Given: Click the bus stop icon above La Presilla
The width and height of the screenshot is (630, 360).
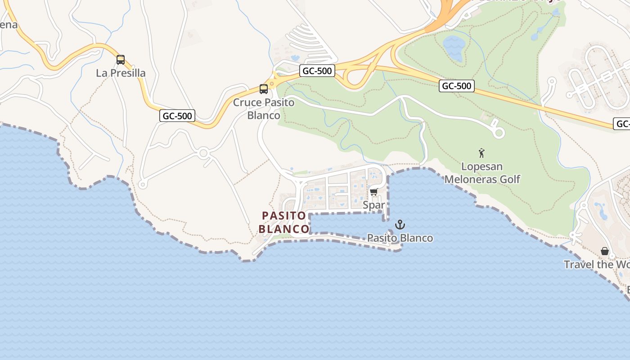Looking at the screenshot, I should pyautogui.click(x=121, y=60).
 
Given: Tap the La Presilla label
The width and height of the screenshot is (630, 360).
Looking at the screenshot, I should pyautogui.click(x=121, y=73).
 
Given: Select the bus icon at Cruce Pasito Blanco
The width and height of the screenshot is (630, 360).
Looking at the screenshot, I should pyautogui.click(x=264, y=89).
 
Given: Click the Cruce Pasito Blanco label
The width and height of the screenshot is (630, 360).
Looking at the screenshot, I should pyautogui.click(x=264, y=109).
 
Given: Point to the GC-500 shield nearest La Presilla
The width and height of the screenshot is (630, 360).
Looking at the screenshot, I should pyautogui.click(x=177, y=116).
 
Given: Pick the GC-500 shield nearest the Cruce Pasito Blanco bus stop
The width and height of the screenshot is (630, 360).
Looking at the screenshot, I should pyautogui.click(x=317, y=71).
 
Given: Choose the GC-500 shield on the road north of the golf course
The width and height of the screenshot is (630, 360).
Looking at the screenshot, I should pyautogui.click(x=457, y=86).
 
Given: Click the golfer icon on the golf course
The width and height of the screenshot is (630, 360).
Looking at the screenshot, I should pyautogui.click(x=481, y=153).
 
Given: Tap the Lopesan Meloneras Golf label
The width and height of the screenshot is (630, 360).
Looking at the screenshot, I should pyautogui.click(x=482, y=173).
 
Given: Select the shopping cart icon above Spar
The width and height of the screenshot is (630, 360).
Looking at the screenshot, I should pyautogui.click(x=373, y=192).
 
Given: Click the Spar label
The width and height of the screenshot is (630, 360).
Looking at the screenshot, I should pyautogui.click(x=374, y=205).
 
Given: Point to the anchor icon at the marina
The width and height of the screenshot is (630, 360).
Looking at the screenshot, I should pyautogui.click(x=400, y=224).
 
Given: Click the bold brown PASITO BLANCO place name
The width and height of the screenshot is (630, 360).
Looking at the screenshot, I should pyautogui.click(x=284, y=222).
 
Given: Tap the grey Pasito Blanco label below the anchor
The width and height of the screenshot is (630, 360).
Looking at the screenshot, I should pyautogui.click(x=400, y=238).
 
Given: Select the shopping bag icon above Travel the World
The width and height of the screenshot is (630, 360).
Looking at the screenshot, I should pyautogui.click(x=605, y=251).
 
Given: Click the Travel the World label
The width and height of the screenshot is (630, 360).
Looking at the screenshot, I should pyautogui.click(x=596, y=264).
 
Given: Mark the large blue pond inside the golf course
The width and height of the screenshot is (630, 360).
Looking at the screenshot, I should pyautogui.click(x=454, y=48).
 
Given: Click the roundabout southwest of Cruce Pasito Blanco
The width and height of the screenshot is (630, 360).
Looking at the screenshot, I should pyautogui.click(x=203, y=153).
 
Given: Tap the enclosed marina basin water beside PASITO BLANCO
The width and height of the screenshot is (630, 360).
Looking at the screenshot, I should pyautogui.click(x=346, y=224).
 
